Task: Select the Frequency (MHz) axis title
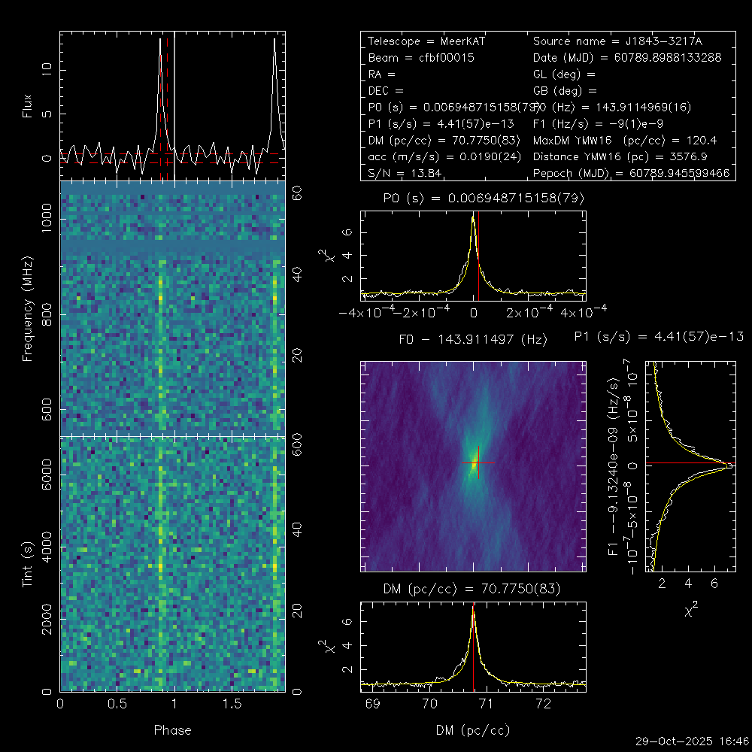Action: pos(28,308)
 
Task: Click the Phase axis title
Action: pos(172,730)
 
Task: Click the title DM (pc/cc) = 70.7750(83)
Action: pos(473,587)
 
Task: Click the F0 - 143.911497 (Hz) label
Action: pos(473,340)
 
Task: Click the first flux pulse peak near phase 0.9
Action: pos(160,40)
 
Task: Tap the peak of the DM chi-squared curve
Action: pos(473,608)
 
